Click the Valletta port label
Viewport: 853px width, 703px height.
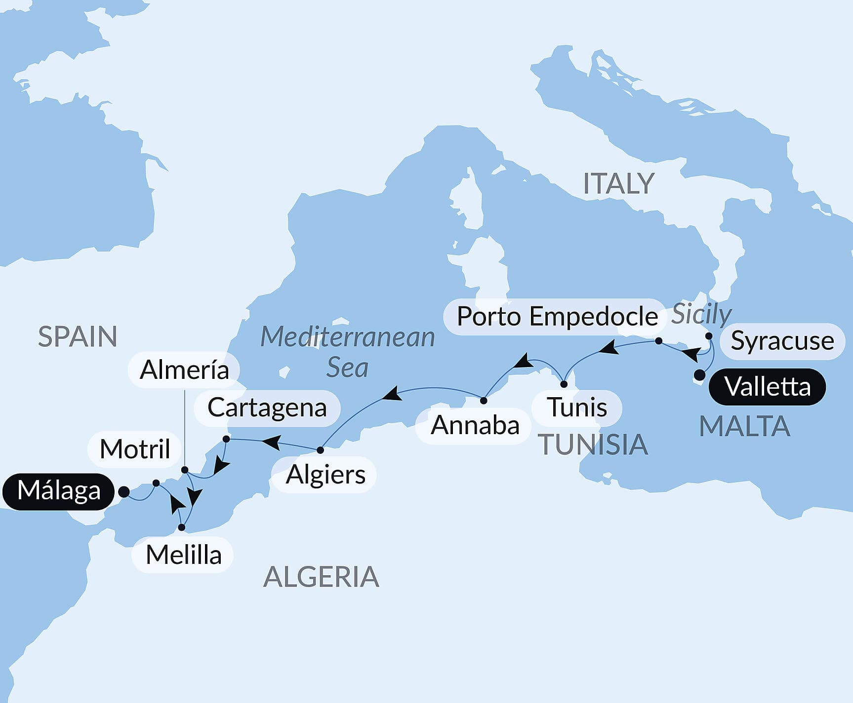pos(767,387)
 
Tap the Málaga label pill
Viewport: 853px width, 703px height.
pos(58,491)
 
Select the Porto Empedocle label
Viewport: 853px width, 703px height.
pos(557,317)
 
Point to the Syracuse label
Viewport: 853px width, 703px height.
pos(782,341)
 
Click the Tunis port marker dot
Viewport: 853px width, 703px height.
pos(564,384)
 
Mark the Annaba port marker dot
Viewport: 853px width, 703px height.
pos(484,401)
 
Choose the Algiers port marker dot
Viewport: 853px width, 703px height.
pos(320,450)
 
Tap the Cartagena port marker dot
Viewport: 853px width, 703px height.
pos(226,439)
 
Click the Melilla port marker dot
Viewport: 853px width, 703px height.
pos(182,527)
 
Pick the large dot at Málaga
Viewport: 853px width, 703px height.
pos(124,492)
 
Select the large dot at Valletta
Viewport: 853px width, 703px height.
pos(699,375)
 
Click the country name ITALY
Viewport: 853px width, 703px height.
pos(618,184)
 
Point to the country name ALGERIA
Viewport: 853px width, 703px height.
pos(321,577)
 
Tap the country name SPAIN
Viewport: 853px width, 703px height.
pos(78,337)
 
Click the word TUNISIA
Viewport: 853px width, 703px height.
pos(592,444)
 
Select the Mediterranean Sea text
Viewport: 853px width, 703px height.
pos(347,352)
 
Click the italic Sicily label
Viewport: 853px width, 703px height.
pos(701,314)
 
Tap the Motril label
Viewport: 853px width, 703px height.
pos(134,449)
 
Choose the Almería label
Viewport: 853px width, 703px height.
pos(184,370)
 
